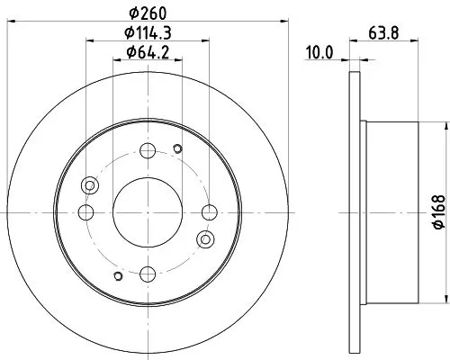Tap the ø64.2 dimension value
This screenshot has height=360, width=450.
tap(148, 51)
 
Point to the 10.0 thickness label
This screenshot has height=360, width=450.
tap(319, 52)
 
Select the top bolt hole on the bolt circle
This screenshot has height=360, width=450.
tap(148, 151)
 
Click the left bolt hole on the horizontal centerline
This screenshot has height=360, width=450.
tap(86, 212)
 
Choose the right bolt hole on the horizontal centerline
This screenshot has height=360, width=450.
tap(210, 212)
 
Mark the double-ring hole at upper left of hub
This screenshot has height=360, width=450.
tap(89, 186)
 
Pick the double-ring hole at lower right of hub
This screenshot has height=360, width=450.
tap(206, 239)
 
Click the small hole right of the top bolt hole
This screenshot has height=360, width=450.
tap(177, 149)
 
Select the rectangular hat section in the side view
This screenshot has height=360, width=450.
tap(393, 212)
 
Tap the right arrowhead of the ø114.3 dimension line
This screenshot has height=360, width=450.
tap(206, 40)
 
